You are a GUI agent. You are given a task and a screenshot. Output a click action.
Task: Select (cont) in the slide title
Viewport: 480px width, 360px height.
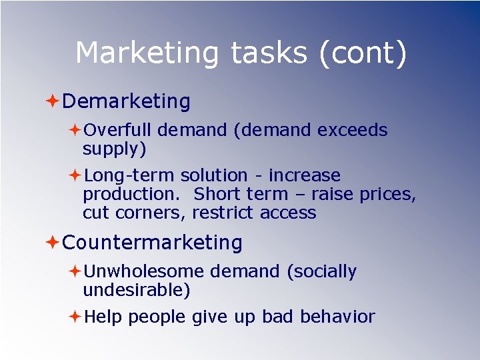(363, 53)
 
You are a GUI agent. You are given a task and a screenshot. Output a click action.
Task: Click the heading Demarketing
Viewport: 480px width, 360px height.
(126, 101)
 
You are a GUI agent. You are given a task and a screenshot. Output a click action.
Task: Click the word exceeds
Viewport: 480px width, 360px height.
(352, 130)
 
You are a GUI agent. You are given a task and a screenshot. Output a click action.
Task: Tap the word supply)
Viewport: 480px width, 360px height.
(114, 149)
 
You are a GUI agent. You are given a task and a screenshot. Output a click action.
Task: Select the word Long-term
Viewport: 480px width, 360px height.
(129, 176)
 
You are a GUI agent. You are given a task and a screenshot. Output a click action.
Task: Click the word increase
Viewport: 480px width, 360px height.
(305, 175)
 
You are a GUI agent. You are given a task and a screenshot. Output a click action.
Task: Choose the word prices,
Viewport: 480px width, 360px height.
(387, 195)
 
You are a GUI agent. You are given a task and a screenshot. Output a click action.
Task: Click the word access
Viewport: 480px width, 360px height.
(288, 213)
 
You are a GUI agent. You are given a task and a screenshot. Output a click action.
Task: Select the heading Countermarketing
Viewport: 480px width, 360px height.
(152, 243)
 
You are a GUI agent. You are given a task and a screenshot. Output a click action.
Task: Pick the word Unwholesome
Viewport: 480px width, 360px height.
(144, 271)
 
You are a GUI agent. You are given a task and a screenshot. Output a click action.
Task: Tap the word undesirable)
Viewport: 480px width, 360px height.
(137, 291)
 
